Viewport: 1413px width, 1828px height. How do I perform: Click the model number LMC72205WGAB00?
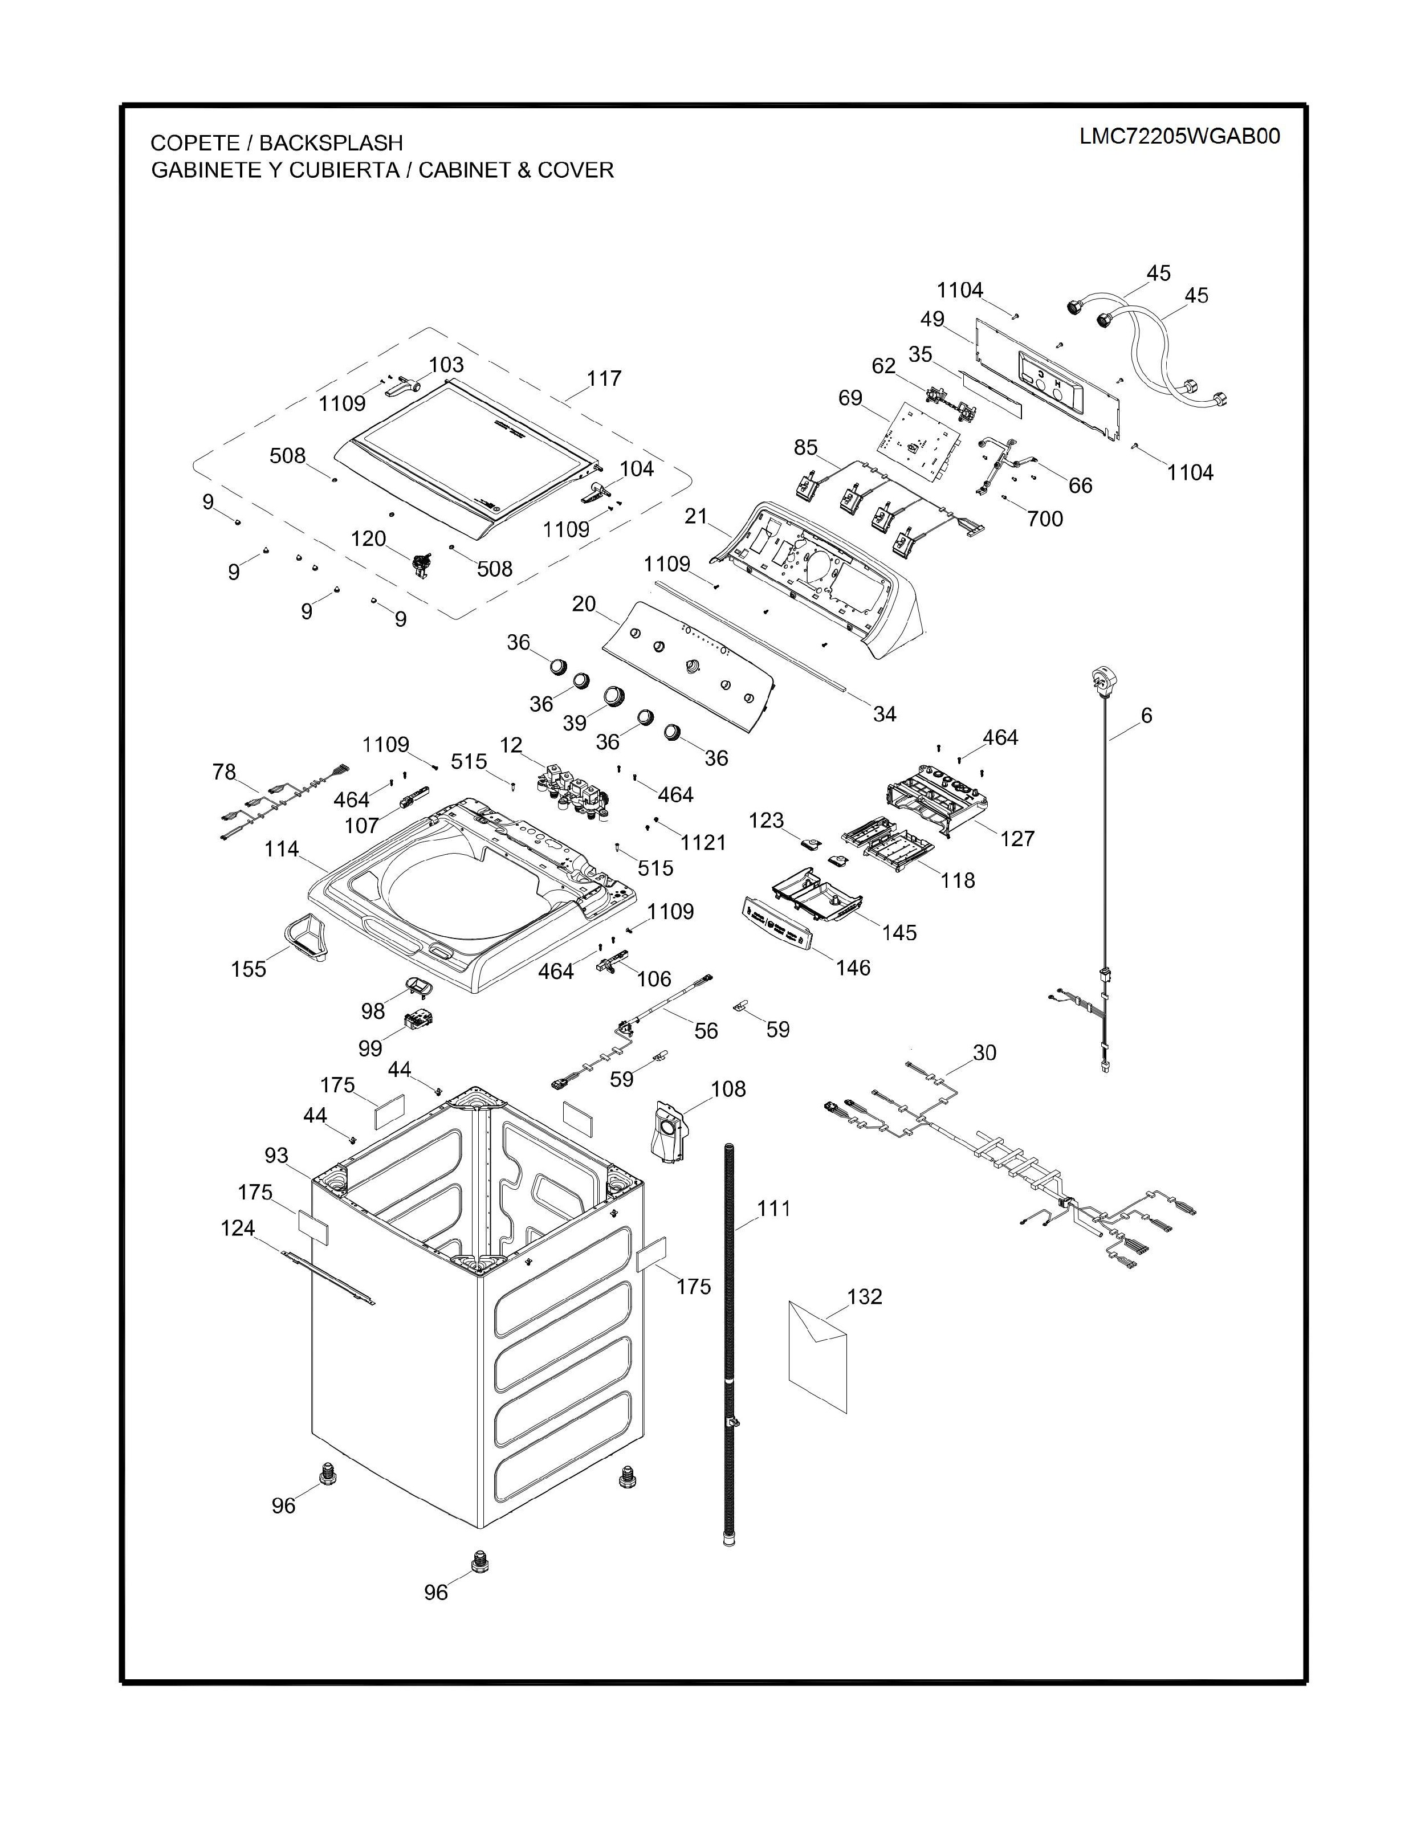click(x=1179, y=136)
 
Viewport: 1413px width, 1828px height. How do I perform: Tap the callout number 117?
click(x=604, y=378)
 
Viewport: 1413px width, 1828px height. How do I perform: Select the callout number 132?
click(x=865, y=1296)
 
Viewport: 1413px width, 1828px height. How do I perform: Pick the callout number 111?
click(x=773, y=1209)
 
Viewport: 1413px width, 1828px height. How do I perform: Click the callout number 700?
click(x=1045, y=519)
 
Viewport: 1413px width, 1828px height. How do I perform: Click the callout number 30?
click(x=984, y=1052)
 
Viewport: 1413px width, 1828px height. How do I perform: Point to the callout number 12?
click(x=511, y=745)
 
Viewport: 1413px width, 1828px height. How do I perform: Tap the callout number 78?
click(x=225, y=771)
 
